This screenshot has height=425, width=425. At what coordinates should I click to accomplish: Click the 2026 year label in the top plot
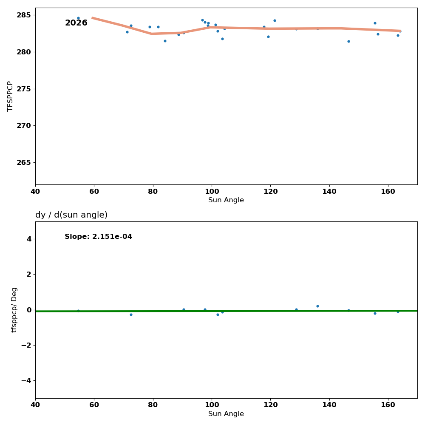[76, 23]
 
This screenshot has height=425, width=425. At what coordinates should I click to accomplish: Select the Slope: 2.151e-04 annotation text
[98, 237]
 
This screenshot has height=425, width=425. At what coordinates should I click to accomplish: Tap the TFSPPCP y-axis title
[11, 96]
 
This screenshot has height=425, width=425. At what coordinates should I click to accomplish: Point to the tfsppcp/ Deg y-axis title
[14, 310]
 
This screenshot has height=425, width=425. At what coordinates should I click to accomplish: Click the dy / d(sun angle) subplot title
[71, 215]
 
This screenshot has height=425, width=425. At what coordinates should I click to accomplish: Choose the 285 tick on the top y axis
[25, 15]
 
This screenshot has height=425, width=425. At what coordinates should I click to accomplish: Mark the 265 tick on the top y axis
[25, 162]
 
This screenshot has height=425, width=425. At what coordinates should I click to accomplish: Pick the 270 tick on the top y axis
[25, 125]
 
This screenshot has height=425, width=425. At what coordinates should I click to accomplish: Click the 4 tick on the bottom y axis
[29, 239]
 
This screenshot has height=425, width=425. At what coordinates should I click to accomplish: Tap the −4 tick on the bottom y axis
[26, 380]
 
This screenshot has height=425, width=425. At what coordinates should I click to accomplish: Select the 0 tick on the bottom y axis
[29, 310]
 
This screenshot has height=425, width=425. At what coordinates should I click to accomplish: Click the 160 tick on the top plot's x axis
[388, 191]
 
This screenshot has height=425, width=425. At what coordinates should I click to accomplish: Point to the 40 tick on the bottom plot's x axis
[35, 405]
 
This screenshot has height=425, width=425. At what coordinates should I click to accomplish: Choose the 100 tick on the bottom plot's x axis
[212, 405]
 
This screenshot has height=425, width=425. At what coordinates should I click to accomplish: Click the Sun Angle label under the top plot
[226, 200]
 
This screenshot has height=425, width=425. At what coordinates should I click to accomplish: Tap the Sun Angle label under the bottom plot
[226, 414]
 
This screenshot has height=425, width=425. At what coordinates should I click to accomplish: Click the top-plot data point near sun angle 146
[348, 41]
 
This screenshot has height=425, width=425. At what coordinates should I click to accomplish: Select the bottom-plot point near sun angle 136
[317, 306]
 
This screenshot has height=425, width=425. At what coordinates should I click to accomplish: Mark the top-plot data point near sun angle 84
[165, 41]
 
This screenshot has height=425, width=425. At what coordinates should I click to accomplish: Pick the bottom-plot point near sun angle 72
[131, 314]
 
